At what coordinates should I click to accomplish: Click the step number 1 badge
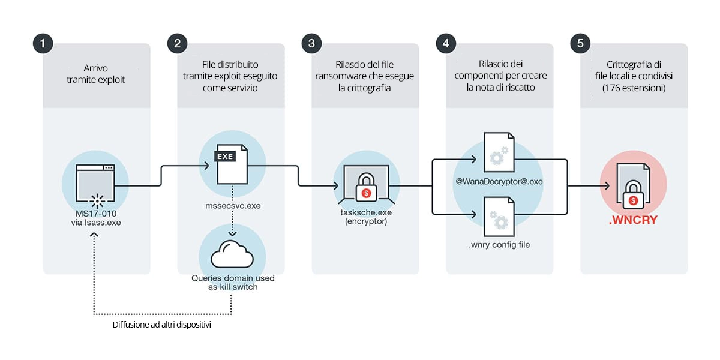[x=43, y=43]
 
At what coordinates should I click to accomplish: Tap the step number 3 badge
[x=311, y=43]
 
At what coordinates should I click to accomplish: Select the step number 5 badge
[x=580, y=43]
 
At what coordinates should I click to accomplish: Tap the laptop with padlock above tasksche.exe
[x=365, y=184]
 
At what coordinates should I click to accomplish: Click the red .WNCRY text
[x=633, y=220]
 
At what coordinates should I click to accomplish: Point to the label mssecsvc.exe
[x=232, y=206]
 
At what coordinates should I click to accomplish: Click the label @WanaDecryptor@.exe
[x=499, y=181]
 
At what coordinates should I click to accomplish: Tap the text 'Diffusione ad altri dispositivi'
[x=161, y=325]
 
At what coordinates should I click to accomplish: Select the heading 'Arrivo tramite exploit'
[x=96, y=74]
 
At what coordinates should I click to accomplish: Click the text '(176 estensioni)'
[x=634, y=88]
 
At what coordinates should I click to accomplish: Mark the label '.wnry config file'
[x=499, y=244]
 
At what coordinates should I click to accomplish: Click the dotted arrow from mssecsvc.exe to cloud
[x=231, y=220]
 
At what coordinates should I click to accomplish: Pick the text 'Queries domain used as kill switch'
[x=231, y=283]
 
